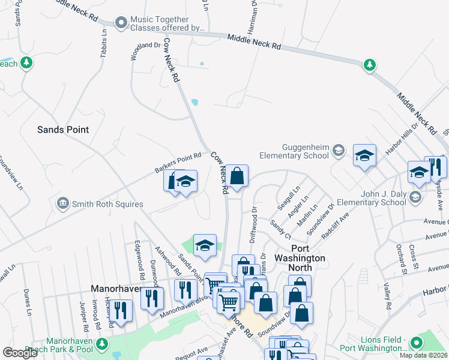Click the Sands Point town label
[63, 130]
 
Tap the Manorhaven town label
[116, 289]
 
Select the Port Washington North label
[308, 253]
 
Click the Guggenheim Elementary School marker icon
[339, 150]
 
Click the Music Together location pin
[121, 23]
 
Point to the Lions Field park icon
[415, 343]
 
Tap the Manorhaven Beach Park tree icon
[103, 344]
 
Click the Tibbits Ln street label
[104, 42]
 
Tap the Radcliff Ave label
[335, 225]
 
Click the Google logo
[20, 353]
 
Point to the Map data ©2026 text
[424, 355]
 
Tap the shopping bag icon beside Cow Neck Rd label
[237, 176]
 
